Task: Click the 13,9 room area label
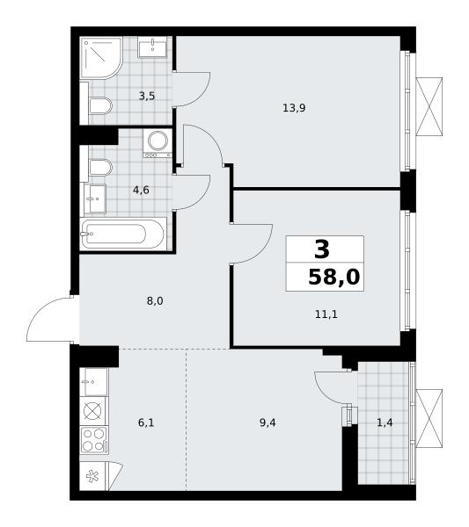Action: [294, 108]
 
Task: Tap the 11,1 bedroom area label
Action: [326, 314]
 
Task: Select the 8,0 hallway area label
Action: [155, 300]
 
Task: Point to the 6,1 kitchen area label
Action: [146, 422]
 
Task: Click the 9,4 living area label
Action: [267, 422]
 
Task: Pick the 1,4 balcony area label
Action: [385, 422]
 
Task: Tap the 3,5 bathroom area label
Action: [147, 97]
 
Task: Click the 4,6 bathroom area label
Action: [141, 191]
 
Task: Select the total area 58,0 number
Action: [334, 278]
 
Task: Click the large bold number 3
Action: [322, 250]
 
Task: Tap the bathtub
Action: [123, 234]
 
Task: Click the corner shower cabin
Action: [101, 58]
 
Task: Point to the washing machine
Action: [158, 143]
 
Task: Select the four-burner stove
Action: [94, 440]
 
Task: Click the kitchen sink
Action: [94, 382]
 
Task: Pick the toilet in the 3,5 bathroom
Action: [100, 106]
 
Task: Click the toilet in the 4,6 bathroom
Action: [100, 167]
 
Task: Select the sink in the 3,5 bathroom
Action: [152, 47]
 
